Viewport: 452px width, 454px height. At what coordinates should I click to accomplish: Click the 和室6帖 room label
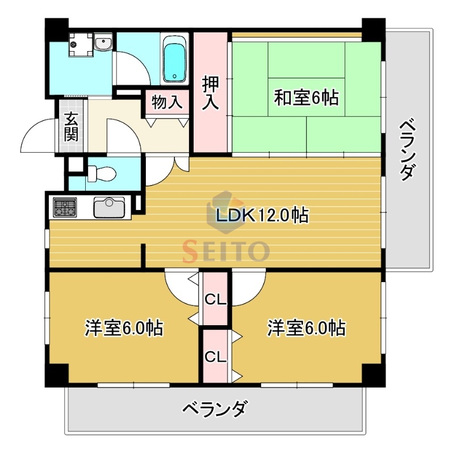(306, 98)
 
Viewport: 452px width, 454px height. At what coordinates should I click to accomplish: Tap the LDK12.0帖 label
(262, 216)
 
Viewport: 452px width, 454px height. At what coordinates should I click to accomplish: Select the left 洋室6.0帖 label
(124, 328)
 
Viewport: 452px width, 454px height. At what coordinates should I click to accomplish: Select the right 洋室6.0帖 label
(307, 328)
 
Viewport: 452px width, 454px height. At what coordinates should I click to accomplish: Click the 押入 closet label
(211, 94)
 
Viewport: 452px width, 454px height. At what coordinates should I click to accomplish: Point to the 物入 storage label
(168, 103)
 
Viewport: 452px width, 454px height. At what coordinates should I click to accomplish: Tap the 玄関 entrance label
(71, 127)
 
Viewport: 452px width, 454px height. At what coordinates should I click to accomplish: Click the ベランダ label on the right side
(405, 149)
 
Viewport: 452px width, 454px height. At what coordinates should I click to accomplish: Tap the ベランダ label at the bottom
(215, 408)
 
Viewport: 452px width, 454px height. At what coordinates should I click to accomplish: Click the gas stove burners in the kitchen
(65, 207)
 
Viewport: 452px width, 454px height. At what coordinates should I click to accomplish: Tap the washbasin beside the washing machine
(103, 43)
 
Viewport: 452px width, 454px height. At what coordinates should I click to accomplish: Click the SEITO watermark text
(225, 249)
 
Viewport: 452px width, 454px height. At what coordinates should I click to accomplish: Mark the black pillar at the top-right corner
(373, 29)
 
